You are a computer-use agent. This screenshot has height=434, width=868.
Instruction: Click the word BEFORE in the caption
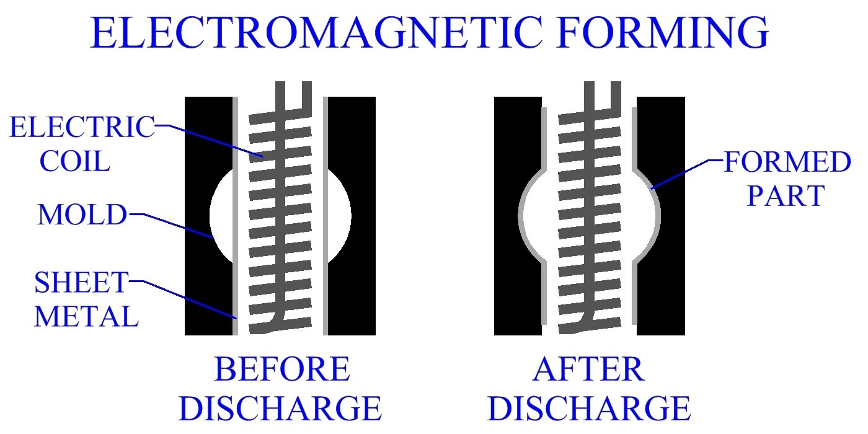tap(282, 370)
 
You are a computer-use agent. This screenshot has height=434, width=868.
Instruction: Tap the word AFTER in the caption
tap(588, 370)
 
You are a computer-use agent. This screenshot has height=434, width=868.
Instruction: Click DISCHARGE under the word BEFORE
tap(284, 409)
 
